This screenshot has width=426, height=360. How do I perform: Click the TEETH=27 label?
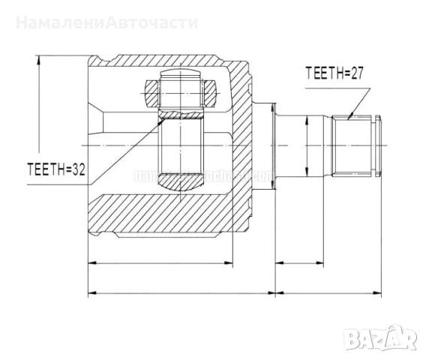(x=335, y=73)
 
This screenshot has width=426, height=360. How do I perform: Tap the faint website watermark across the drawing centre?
(x=202, y=177)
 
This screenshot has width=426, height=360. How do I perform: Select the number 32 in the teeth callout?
(x=76, y=170)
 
